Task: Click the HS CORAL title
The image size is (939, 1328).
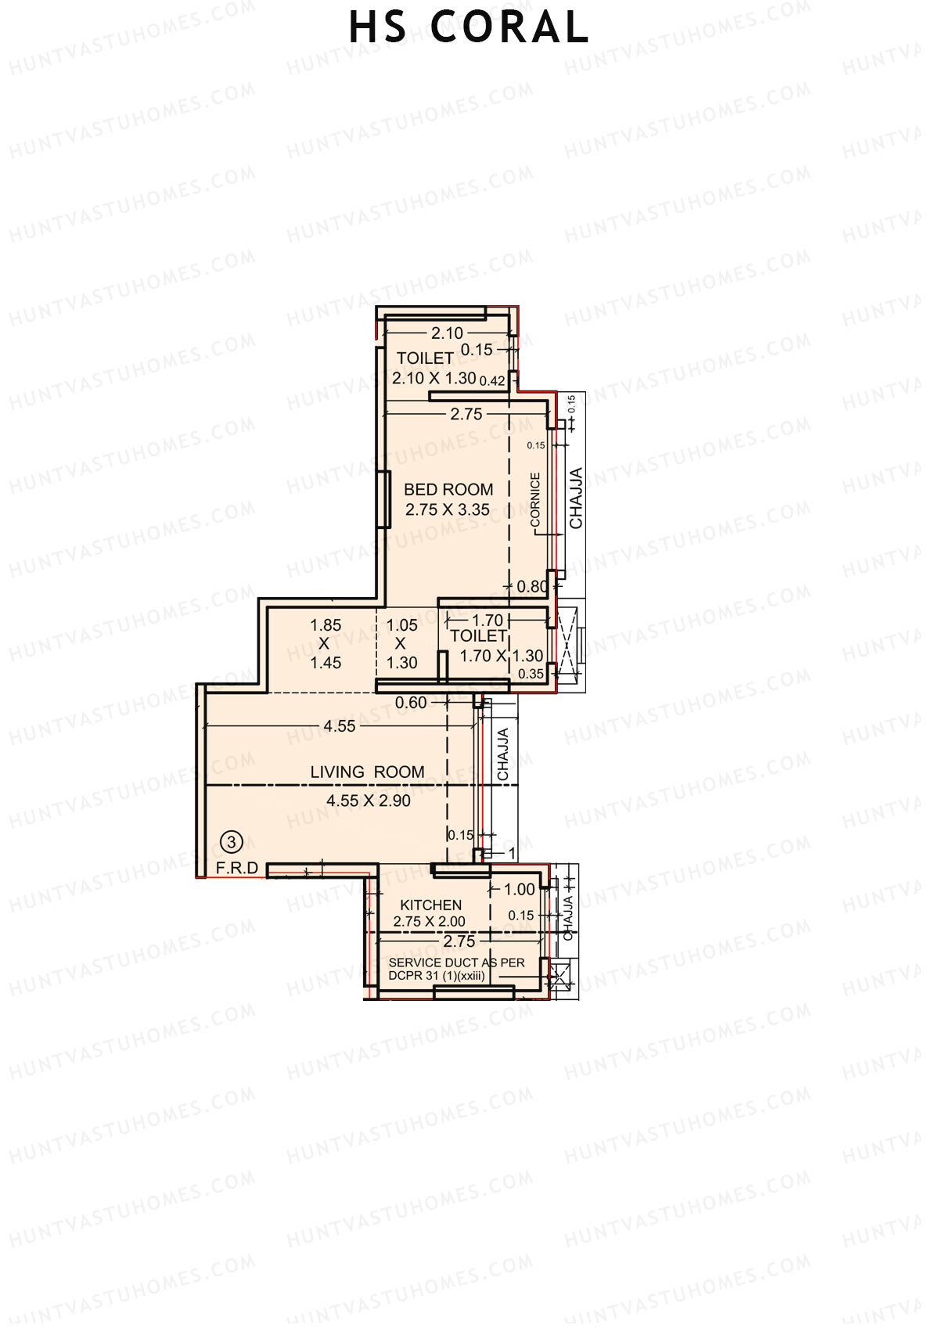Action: (468, 27)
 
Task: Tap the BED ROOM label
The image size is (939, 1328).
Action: (448, 490)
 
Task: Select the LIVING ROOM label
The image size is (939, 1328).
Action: (367, 772)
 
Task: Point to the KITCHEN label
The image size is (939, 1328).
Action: (430, 905)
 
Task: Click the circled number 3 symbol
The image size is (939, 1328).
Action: (232, 842)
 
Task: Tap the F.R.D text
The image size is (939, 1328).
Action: (237, 868)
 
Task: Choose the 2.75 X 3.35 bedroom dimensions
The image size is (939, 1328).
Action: (448, 509)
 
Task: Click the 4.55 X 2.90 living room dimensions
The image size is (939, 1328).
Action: (369, 801)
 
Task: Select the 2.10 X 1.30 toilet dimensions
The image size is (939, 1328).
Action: (434, 378)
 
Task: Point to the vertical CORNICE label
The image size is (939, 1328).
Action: (535, 499)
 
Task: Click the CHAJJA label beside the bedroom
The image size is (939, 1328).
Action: (576, 498)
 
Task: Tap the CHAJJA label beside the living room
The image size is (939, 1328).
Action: (503, 754)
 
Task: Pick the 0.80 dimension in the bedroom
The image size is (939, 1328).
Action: (532, 586)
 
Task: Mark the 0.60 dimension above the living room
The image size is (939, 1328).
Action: (411, 703)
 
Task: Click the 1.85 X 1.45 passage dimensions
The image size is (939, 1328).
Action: (326, 643)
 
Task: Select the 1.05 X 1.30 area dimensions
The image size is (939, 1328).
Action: (401, 643)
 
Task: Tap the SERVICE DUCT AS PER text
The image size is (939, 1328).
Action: (456, 962)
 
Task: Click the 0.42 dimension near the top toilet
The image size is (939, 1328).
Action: (492, 381)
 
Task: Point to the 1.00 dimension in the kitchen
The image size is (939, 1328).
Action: (520, 889)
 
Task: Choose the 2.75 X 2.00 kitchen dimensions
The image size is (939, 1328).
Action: (429, 922)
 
